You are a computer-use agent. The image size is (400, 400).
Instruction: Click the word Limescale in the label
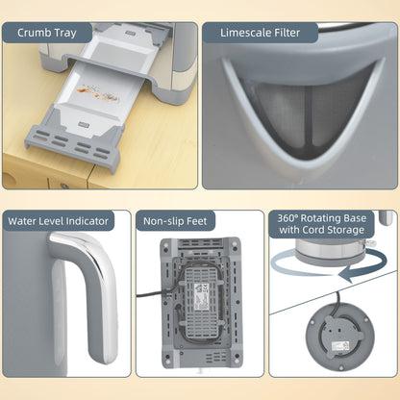(248, 33)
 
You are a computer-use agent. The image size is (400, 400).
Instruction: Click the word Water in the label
(28, 221)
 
